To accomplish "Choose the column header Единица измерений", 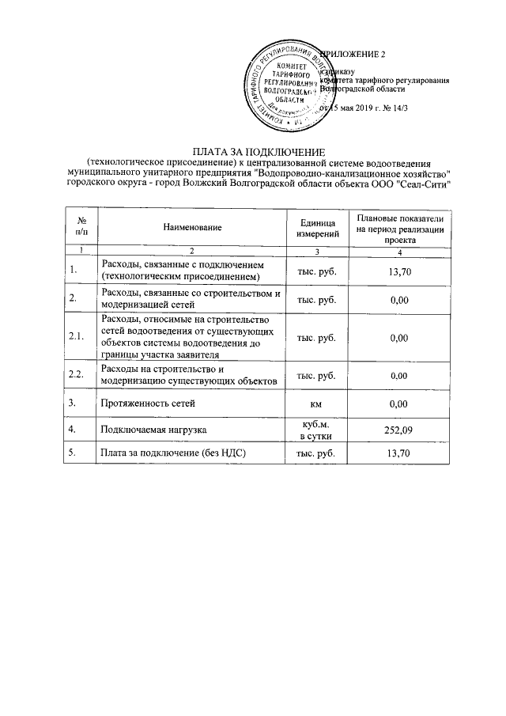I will coord(317,228).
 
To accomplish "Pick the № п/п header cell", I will coord(80,227).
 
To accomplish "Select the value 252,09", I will coord(399,430).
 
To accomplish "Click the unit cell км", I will coord(317,403).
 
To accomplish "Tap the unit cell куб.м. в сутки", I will coord(317,430).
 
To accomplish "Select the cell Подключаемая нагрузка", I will coord(149,430).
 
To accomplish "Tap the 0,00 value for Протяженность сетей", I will coord(399,403).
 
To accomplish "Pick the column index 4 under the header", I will coord(399,252).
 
